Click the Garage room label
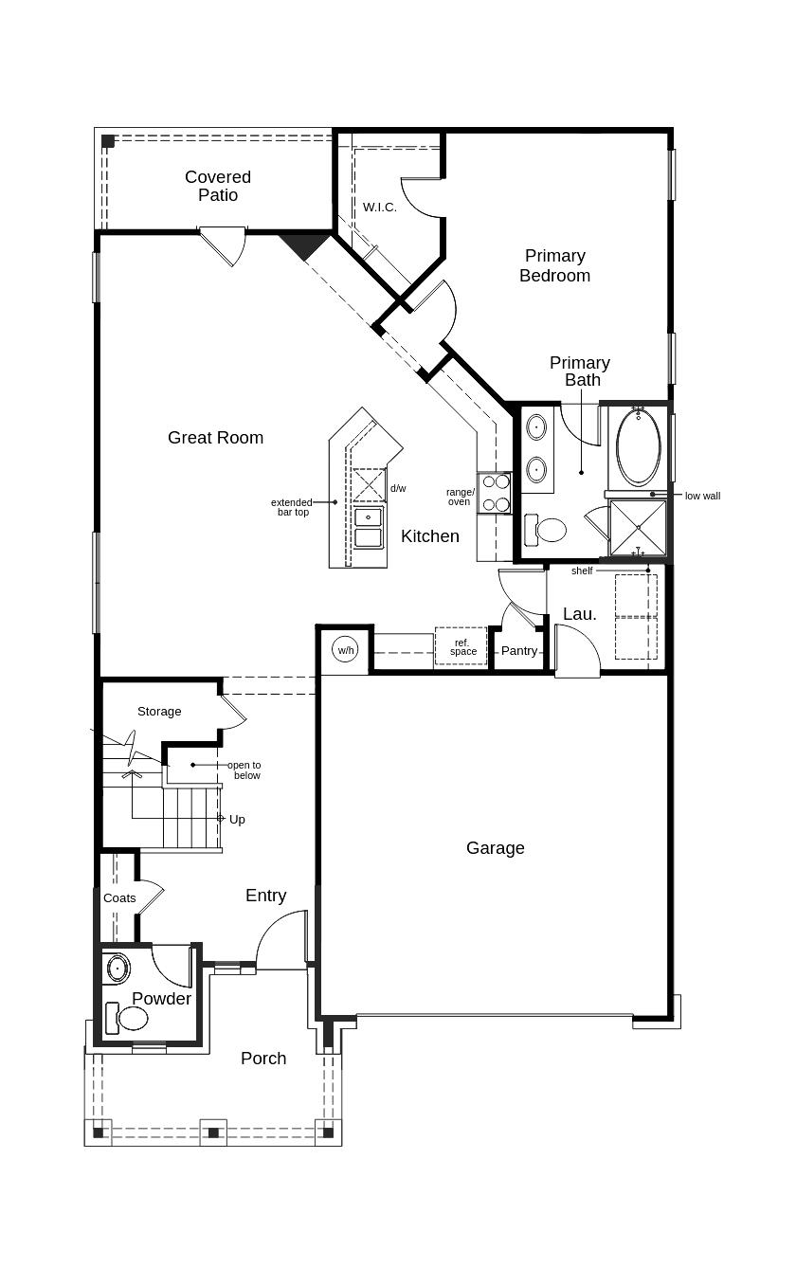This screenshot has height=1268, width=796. point(496,848)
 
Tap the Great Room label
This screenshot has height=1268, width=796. point(216,438)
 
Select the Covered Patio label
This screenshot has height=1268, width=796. point(218,186)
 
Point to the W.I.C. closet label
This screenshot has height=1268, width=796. point(379,208)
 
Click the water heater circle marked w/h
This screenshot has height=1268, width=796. point(345,650)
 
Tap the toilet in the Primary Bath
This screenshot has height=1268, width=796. point(545,530)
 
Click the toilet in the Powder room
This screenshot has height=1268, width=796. point(127,1018)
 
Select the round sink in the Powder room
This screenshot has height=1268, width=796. point(118,969)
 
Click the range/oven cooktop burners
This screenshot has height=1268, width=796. point(495,493)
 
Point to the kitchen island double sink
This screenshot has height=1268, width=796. point(368,528)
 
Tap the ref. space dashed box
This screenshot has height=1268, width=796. point(461,646)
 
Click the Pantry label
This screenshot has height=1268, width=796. point(519,651)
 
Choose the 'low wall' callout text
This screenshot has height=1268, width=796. point(702,496)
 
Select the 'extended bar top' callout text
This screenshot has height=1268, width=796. point(292,507)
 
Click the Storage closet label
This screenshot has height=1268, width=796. point(159,712)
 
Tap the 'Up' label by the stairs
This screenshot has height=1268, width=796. point(237,820)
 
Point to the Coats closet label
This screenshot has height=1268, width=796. point(119,898)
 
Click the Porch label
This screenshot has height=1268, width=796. point(263,1059)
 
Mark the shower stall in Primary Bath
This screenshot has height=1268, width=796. point(638,528)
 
